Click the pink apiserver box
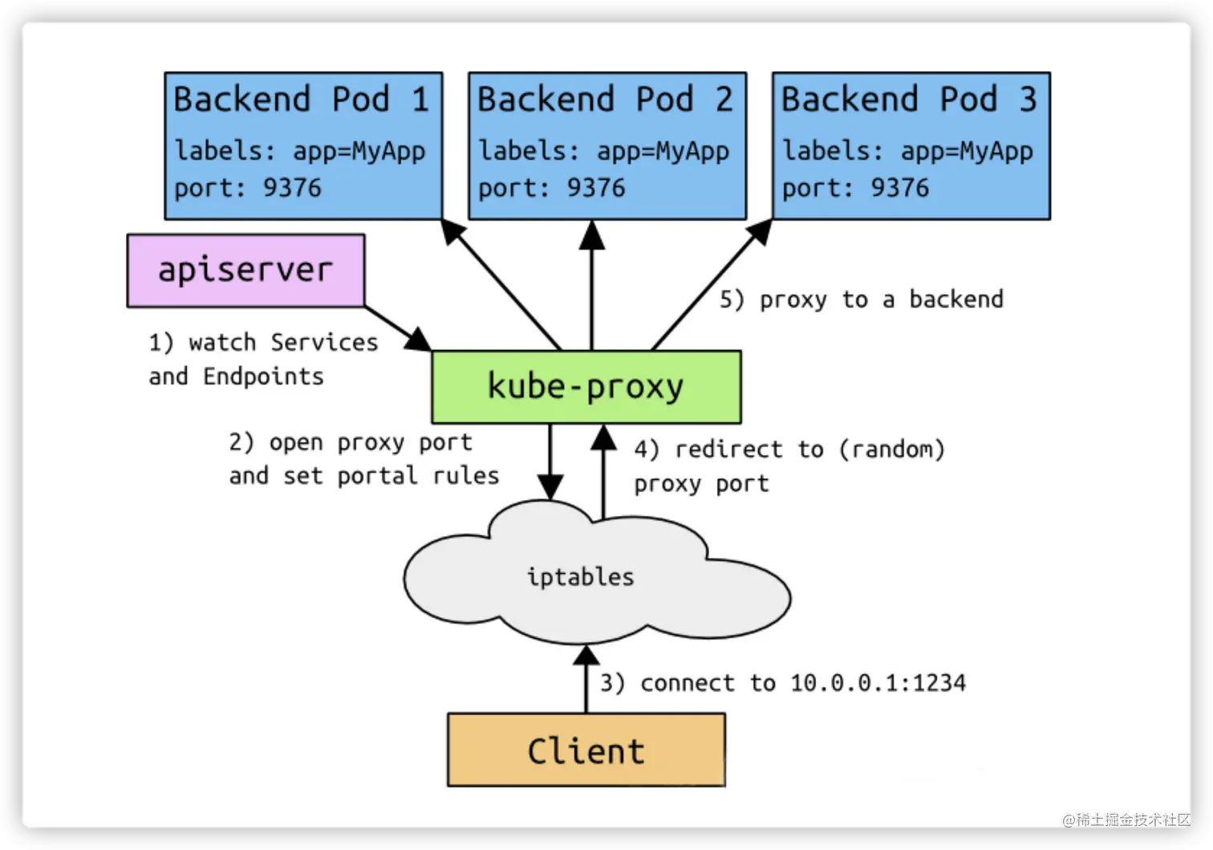pyautogui.click(x=245, y=270)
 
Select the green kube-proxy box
pyautogui.click(x=586, y=387)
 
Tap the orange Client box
pyautogui.click(x=586, y=750)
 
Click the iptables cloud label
pyautogui.click(x=580, y=577)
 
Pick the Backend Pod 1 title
pyautogui.click(x=302, y=100)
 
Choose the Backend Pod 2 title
pyautogui.click(x=606, y=100)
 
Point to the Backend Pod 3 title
pyautogui.click(x=910, y=100)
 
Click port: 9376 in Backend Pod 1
pyautogui.click(x=247, y=188)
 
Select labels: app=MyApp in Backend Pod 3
pyautogui.click(x=907, y=151)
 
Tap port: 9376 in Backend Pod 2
pyautogui.click(x=551, y=188)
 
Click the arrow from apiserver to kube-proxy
pyautogui.click(x=398, y=328)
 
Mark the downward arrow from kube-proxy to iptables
pyautogui.click(x=550, y=462)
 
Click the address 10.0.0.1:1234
pyautogui.click(x=878, y=683)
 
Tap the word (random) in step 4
pyautogui.click(x=891, y=449)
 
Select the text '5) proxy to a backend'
pyautogui.click(x=861, y=299)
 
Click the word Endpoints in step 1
pyautogui.click(x=263, y=376)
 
